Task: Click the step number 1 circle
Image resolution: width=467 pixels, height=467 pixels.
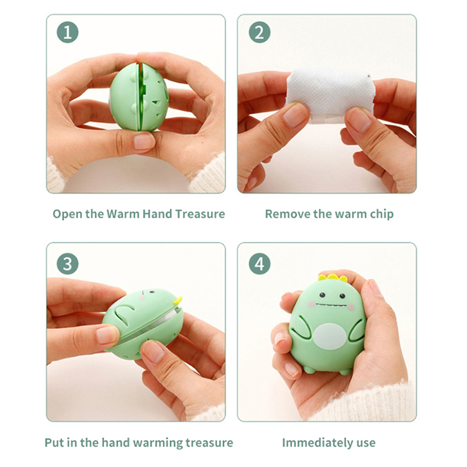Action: [x=68, y=32]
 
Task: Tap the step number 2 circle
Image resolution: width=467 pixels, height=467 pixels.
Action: [x=259, y=32]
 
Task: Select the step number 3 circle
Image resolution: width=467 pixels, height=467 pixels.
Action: [x=68, y=264]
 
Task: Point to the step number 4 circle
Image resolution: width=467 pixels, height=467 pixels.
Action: [x=259, y=264]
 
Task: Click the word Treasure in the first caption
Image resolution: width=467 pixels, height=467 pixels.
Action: [x=200, y=214]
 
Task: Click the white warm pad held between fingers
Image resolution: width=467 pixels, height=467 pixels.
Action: [x=329, y=95]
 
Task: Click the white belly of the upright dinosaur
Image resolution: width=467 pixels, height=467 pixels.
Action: [x=330, y=337]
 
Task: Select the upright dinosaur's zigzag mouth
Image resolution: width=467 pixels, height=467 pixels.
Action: [x=331, y=305]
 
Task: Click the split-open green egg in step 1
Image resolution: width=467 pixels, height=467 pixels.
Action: [x=139, y=97]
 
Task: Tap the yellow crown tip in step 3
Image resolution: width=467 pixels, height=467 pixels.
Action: [x=178, y=301]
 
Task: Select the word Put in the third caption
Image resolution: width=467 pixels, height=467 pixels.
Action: [x=54, y=443]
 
